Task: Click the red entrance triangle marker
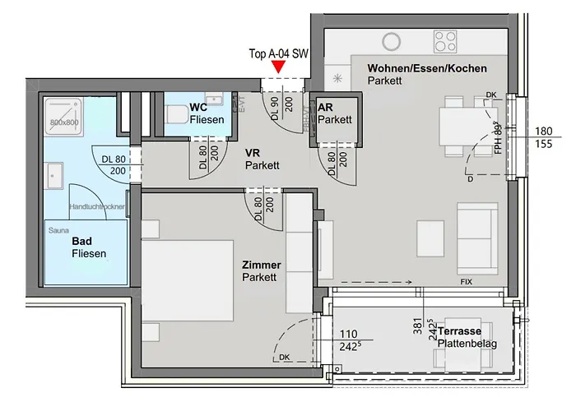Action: [x=280, y=67]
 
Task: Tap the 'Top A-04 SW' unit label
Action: [x=278, y=53]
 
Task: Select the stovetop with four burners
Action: [x=445, y=41]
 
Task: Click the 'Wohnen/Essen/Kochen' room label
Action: [x=427, y=68]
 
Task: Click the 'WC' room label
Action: [x=197, y=108]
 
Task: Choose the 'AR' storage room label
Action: [x=325, y=108]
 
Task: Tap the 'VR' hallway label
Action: [x=253, y=153]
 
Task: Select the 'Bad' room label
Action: [x=81, y=242]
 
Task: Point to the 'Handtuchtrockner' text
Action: [x=97, y=207]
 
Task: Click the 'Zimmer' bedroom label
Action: [x=261, y=266]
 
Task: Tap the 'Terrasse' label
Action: [x=460, y=330]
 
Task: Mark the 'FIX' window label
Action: [x=467, y=282]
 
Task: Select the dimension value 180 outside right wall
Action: [x=543, y=131]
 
